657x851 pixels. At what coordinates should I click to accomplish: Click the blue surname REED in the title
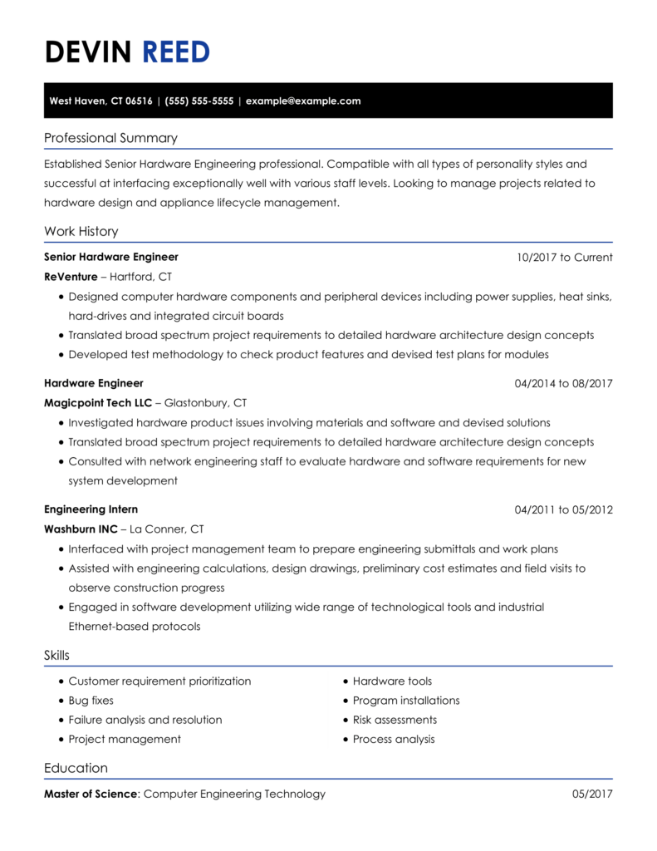tap(176, 52)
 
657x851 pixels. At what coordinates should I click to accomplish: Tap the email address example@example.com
tap(303, 101)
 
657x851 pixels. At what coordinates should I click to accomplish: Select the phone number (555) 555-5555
tap(199, 101)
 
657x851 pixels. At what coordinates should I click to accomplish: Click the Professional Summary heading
tap(110, 138)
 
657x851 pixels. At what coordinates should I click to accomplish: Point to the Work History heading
tap(81, 231)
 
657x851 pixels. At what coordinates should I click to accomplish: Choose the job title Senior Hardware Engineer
tap(110, 257)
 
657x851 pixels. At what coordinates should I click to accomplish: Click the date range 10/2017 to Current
tap(564, 258)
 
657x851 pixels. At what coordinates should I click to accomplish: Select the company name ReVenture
tap(71, 277)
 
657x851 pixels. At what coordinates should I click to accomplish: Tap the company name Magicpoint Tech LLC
tap(98, 403)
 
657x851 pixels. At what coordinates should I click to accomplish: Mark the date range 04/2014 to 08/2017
tap(563, 384)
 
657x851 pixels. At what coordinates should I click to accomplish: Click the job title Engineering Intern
tap(91, 509)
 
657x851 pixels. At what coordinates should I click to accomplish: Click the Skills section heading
tap(56, 656)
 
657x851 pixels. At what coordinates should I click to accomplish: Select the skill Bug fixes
tap(91, 701)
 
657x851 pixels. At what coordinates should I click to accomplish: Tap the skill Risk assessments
tap(395, 720)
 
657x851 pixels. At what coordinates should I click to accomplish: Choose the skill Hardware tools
tap(392, 681)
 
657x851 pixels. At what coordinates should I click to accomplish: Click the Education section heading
tap(76, 768)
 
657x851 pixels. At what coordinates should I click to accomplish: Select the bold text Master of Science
tap(91, 794)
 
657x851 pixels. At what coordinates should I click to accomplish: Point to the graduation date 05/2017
tap(592, 794)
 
